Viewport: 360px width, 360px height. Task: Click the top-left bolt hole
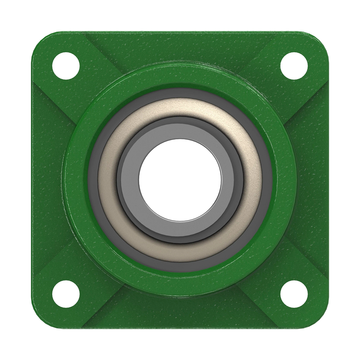66,66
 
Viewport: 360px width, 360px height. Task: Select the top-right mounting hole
294,66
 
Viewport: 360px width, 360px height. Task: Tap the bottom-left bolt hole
66,294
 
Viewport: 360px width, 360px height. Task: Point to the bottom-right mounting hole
294,294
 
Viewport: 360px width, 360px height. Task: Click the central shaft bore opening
180,180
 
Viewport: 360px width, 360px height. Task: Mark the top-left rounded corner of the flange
40,40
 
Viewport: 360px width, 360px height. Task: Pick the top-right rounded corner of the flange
319,40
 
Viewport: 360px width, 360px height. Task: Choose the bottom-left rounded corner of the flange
40,319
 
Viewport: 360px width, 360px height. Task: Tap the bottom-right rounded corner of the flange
319,319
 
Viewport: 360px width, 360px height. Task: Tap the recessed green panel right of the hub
313,180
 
